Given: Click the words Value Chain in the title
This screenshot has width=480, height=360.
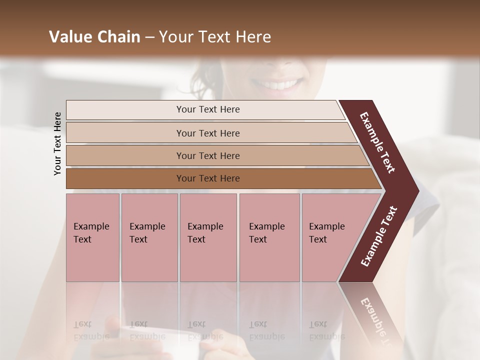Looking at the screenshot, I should click(94, 37).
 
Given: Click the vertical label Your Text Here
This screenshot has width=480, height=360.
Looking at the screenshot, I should click(57, 143).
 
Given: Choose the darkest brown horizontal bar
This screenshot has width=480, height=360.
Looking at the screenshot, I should click(125, 178).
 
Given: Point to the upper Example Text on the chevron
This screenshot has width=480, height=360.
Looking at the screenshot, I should click(377, 142).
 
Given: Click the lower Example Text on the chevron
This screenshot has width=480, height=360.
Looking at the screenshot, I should click(379, 236).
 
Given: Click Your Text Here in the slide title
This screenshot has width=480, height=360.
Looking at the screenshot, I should click(215, 37).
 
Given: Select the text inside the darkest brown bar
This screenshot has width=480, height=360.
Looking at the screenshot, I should click(208, 178).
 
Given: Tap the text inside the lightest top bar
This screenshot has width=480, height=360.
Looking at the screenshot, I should click(208, 109).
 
